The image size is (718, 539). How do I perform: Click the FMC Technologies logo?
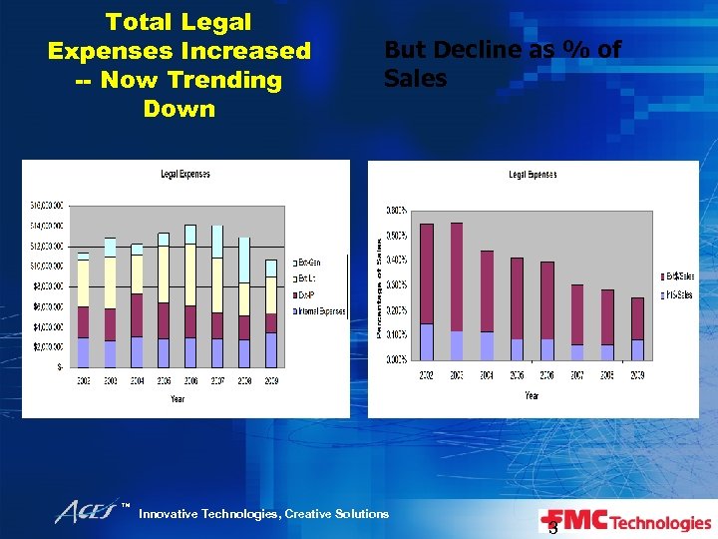625,522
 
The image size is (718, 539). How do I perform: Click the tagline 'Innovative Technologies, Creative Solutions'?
263,514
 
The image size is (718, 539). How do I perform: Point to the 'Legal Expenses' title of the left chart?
185,175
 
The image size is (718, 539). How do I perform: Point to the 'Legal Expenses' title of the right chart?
533,175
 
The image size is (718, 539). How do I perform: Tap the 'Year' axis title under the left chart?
177,398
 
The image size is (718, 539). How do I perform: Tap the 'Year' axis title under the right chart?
532,395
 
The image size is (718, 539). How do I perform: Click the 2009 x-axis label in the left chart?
270,380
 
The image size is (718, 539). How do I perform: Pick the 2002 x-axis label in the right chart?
426,375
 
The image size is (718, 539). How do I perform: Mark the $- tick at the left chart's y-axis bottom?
61,367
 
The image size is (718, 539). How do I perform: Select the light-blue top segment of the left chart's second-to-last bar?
243,260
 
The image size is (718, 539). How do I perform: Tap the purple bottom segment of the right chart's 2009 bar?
637,349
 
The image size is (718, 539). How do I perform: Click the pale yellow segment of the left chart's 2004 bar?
137,274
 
